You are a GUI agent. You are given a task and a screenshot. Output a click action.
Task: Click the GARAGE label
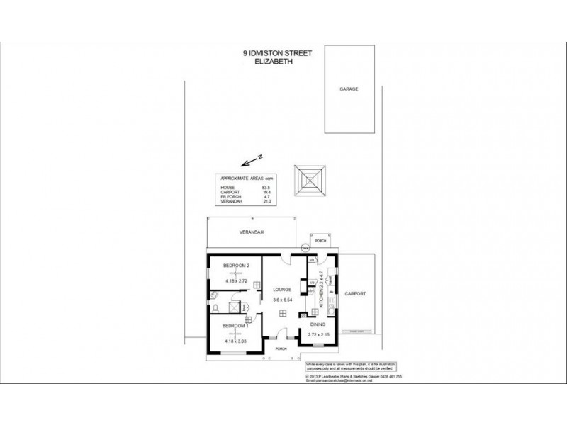(348, 90)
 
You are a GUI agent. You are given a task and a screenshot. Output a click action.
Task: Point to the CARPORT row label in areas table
(229, 192)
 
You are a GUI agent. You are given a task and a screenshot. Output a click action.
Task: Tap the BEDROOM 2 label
(236, 265)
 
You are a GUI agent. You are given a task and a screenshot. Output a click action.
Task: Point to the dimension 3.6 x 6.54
(283, 300)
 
